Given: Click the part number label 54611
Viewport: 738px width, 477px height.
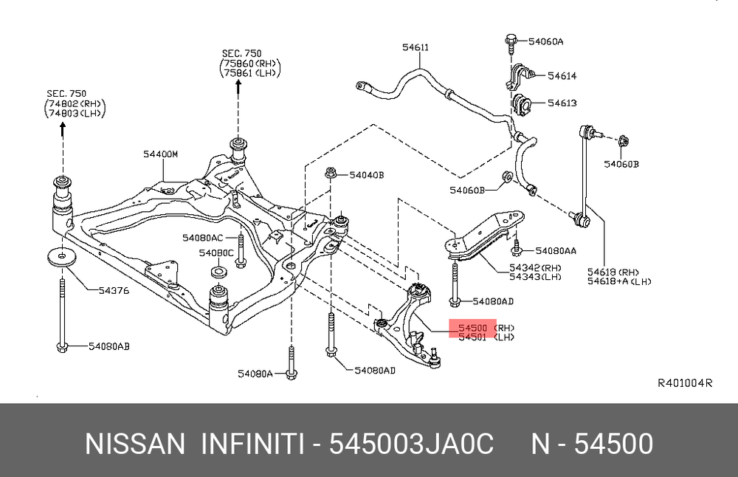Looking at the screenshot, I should [415, 48].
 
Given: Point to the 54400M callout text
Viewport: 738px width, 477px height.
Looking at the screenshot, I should [161, 154].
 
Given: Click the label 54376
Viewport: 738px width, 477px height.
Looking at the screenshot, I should [114, 290].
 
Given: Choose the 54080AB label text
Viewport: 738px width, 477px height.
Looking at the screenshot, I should [108, 346].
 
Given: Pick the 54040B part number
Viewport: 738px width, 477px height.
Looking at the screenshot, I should [366, 175].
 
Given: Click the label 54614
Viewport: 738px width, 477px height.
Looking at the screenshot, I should [562, 76].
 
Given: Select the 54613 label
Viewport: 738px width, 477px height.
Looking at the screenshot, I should [562, 103].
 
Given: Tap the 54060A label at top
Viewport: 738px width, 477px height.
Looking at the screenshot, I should [547, 41].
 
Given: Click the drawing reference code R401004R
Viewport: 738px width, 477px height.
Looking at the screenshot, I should [685, 383].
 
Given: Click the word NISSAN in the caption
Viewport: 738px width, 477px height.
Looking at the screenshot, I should [134, 445].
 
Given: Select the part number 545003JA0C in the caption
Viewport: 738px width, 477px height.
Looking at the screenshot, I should [411, 445].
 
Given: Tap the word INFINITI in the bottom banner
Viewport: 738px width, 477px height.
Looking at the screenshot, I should [252, 445].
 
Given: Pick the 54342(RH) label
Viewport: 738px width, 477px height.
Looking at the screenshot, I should [535, 267].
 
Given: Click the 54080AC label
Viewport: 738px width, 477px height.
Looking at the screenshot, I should [203, 238].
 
